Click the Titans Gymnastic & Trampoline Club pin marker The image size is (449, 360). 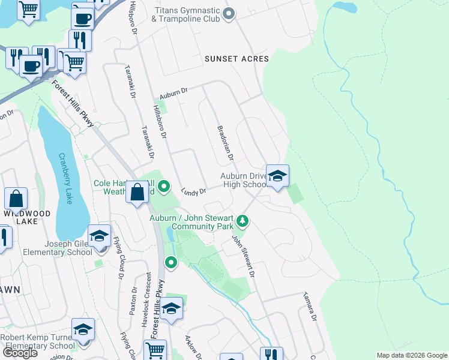(x=228, y=14)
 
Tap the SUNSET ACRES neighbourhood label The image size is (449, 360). (x=236, y=59)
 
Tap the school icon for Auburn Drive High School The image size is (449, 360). (x=277, y=176)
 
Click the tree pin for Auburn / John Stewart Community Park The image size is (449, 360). (x=243, y=221)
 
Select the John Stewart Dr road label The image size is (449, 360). (x=244, y=255)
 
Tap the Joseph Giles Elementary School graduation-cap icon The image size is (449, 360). (x=100, y=236)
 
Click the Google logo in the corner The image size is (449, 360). (x=20, y=353)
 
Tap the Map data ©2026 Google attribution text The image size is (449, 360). (x=411, y=355)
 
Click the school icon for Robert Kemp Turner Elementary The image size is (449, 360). (x=83, y=329)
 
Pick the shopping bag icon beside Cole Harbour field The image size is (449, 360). (x=137, y=193)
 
